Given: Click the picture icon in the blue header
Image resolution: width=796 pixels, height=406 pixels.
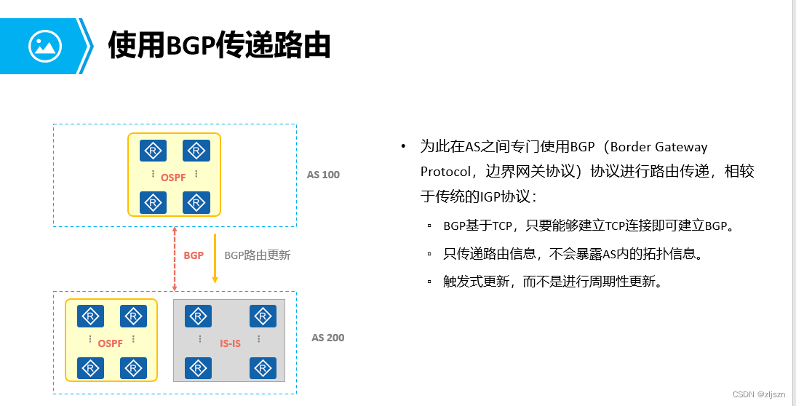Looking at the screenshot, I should coord(44,46).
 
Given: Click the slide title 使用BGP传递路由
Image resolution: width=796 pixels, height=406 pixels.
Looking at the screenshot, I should coord(219,45).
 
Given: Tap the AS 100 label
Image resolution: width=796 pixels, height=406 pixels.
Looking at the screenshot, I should coord(323,175).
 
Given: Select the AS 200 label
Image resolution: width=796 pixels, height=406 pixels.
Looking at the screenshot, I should coord(328,338).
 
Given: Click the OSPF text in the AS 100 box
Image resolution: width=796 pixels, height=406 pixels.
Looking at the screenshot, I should coord(174,177).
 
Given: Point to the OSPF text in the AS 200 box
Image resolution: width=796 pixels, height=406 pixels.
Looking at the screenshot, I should coord(111,343).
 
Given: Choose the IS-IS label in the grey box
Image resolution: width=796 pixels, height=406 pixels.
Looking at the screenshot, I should coord(230,343).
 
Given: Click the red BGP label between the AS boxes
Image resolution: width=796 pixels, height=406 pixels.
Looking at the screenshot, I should coord(194,255).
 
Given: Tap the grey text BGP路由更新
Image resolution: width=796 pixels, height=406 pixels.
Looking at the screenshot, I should coord(257,255).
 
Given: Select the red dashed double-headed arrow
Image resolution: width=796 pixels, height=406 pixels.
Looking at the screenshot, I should coord(175,258).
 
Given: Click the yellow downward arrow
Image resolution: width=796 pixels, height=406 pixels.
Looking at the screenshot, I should coord(215,258).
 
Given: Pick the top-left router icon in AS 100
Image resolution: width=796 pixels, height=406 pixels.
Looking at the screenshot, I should coord(154,151).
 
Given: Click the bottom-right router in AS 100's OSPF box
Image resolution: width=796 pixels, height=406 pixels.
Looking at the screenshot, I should coord(196,202).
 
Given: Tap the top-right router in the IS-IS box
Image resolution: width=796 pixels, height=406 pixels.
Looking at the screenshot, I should coord(263,317).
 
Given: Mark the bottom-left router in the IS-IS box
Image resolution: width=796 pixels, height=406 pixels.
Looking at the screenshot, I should coord(198,368).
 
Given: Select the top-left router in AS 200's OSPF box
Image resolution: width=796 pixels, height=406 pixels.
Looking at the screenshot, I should coord(90,317).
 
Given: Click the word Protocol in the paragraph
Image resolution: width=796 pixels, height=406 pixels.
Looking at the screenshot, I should coord(445,171).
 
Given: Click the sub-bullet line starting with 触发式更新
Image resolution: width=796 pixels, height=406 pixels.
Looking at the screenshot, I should coord(553,282).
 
